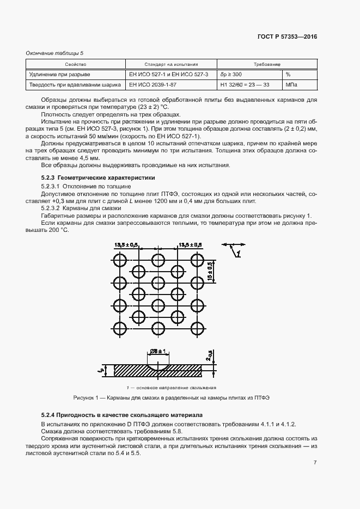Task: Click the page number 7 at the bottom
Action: [x=315, y=463]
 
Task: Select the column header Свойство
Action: [x=76, y=64]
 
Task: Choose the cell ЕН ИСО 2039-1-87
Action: [x=152, y=85]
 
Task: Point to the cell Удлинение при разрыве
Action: [x=60, y=74]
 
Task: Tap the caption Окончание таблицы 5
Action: [x=54, y=52]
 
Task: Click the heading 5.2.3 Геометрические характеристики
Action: [x=98, y=177]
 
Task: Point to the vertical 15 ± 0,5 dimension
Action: [x=210, y=270]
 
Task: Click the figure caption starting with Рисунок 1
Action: [x=172, y=398]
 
